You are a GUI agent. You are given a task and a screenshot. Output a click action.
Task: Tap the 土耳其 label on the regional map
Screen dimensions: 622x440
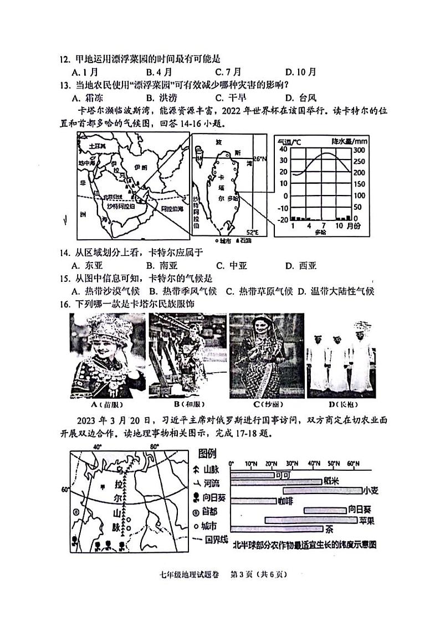click(90, 146)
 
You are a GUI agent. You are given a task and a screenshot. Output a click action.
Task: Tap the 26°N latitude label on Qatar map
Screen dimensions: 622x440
click(260, 159)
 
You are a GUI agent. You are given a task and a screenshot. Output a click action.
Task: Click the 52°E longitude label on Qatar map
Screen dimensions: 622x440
click(252, 232)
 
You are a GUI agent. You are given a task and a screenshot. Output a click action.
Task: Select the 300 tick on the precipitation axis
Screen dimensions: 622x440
click(359, 150)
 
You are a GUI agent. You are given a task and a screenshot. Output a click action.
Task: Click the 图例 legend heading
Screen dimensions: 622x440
click(207, 454)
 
